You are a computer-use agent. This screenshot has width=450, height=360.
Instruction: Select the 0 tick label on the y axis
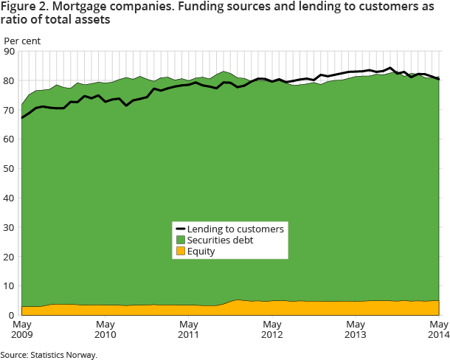click(x=11, y=316)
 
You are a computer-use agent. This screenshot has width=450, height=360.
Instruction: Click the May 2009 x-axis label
click(x=22, y=329)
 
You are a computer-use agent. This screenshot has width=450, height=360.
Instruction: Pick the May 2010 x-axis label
click(x=105, y=329)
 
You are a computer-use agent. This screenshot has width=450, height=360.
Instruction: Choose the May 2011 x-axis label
click(x=189, y=329)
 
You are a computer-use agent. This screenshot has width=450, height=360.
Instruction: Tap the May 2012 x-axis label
click(x=273, y=329)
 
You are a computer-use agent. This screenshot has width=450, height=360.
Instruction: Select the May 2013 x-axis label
click(x=356, y=329)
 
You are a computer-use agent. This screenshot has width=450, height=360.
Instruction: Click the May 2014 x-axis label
click(x=440, y=329)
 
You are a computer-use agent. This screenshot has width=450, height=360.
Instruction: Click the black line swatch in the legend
click(x=179, y=229)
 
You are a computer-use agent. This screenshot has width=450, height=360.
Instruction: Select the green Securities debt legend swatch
click(x=179, y=240)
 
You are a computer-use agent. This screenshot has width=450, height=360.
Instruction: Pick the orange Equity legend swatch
click(x=179, y=252)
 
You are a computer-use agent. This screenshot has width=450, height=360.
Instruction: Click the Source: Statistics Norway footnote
click(x=49, y=354)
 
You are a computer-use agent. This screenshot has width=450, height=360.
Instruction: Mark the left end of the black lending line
click(x=22, y=117)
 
